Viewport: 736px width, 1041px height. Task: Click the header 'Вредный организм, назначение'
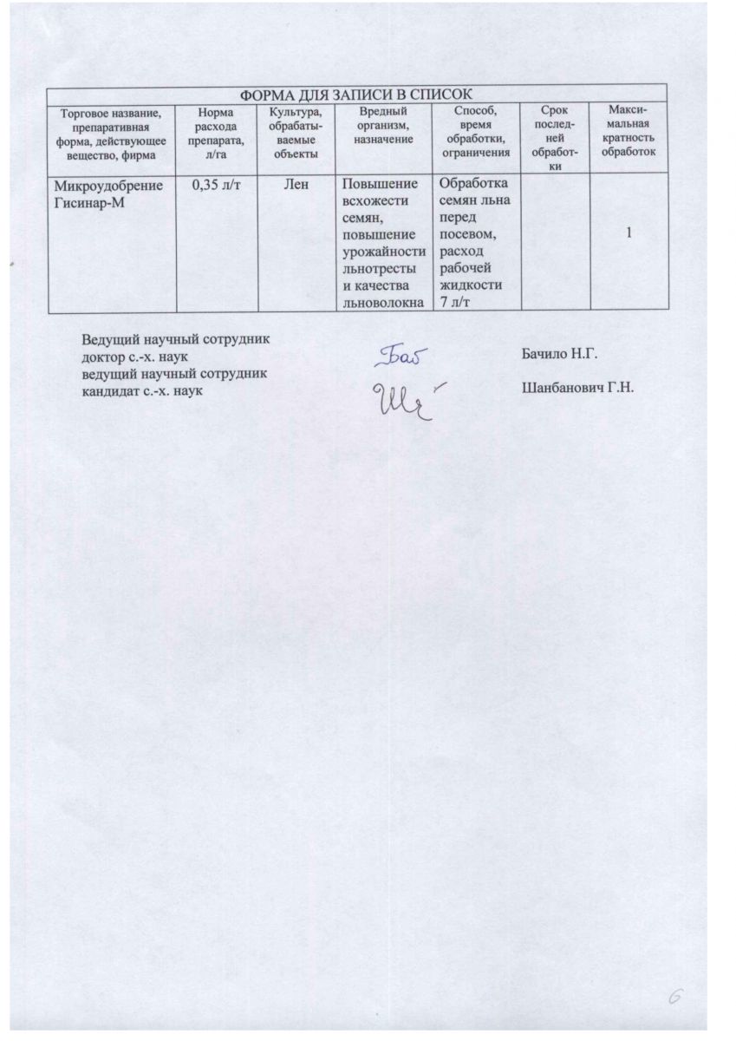(x=382, y=126)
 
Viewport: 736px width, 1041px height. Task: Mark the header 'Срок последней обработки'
(x=552, y=138)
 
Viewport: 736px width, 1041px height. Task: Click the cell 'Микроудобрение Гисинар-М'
(x=107, y=193)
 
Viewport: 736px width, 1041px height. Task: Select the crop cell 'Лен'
(x=296, y=184)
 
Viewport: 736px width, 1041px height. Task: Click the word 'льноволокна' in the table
(x=382, y=300)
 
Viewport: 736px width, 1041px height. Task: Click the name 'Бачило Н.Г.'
(x=560, y=355)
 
